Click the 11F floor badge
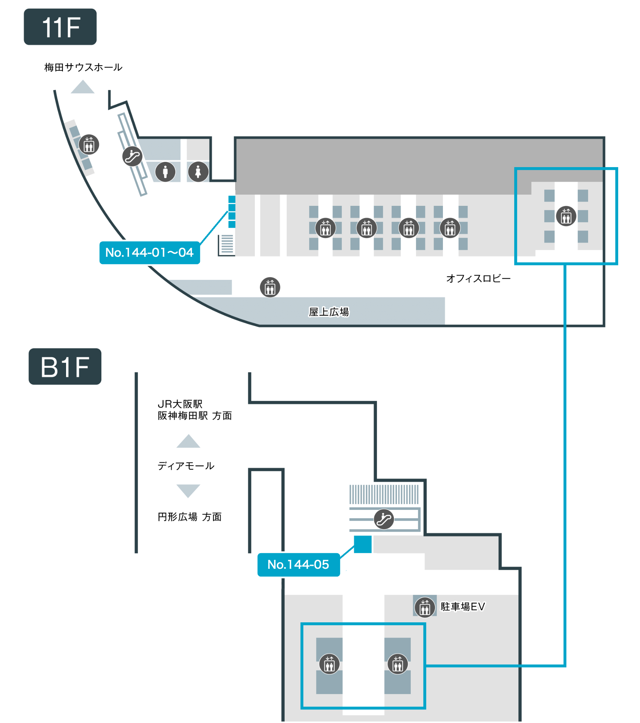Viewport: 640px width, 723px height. click(60, 27)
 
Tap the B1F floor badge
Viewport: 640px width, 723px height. click(65, 366)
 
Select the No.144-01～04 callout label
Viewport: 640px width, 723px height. click(150, 253)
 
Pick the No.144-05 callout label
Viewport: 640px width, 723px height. click(298, 565)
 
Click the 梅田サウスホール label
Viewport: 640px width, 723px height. click(83, 67)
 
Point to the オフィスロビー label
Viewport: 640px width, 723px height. click(479, 279)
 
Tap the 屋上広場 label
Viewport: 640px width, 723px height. click(329, 312)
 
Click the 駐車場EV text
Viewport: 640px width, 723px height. click(463, 607)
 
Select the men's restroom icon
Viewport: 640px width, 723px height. click(165, 172)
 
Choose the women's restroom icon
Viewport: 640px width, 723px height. click(198, 172)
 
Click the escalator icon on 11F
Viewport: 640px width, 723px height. click(132, 156)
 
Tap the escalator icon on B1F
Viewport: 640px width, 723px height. click(384, 519)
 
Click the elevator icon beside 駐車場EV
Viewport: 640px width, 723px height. click(425, 607)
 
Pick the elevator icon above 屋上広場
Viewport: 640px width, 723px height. click(270, 287)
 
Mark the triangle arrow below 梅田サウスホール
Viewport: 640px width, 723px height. click(82, 88)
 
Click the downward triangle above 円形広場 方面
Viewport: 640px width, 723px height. click(188, 490)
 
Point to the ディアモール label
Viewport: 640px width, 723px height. click(186, 466)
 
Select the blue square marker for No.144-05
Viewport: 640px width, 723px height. click(363, 544)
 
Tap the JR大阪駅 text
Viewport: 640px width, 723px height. click(180, 404)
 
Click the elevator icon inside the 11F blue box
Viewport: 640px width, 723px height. click(566, 216)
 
